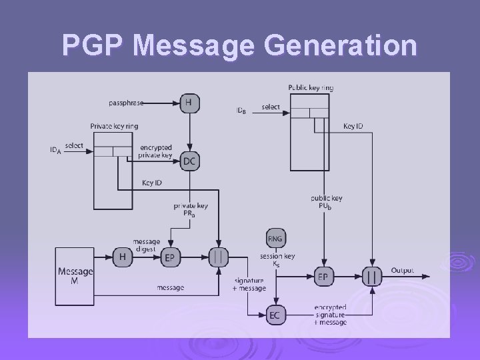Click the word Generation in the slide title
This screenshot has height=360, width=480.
click(x=341, y=45)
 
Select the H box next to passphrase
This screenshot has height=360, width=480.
click(x=189, y=103)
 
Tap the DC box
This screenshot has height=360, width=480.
click(x=189, y=160)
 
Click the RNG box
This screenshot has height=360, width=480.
click(x=275, y=238)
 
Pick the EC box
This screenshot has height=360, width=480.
click(x=275, y=314)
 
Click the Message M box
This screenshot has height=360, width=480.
click(x=75, y=275)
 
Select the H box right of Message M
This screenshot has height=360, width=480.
click(x=123, y=257)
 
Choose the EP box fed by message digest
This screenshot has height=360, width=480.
click(x=170, y=257)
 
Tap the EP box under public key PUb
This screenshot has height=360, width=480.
click(x=323, y=276)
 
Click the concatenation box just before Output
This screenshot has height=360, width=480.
click(x=371, y=276)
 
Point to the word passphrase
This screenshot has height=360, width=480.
click(x=125, y=103)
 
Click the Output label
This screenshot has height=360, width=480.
click(x=402, y=271)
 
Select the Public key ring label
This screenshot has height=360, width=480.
click(x=311, y=87)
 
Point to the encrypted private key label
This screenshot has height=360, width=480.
click(x=155, y=151)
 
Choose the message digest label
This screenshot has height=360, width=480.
click(x=146, y=245)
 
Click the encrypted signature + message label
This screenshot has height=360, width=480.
click(x=330, y=315)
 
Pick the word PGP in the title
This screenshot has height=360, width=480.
click(x=93, y=45)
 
